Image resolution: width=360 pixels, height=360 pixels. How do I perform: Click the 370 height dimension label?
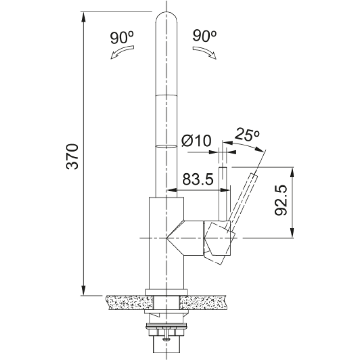pos(72,157)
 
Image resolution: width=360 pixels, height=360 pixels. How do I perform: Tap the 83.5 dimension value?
pos(198,179)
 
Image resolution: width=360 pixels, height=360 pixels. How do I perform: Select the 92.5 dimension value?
pos(281,200)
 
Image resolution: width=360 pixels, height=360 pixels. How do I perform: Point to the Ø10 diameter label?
pos(196,140)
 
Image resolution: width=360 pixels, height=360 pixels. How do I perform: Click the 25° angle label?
pos(247,135)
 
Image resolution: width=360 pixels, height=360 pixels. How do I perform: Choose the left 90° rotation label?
pos(122,37)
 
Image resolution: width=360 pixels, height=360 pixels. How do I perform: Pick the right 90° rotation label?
pos(205,36)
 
